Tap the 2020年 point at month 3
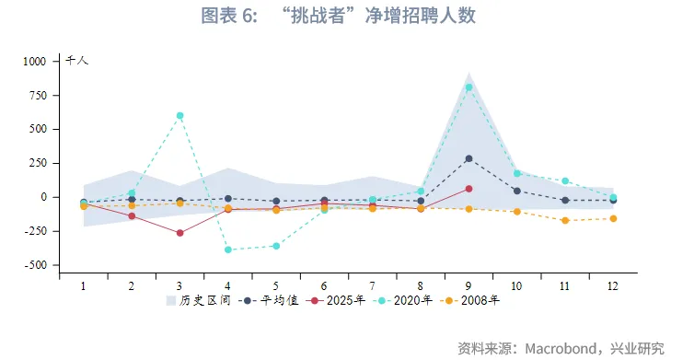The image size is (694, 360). [x=179, y=115]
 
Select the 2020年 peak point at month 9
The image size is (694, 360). [x=468, y=87]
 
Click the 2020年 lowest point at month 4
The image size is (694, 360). [x=227, y=250]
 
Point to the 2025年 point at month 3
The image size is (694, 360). [x=179, y=233]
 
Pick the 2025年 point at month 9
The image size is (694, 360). [x=468, y=189]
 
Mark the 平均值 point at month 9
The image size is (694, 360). [x=468, y=158]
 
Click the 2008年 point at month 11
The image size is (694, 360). [x=565, y=220]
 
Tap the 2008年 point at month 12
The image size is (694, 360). [x=613, y=218]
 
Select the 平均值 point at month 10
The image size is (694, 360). [x=516, y=191]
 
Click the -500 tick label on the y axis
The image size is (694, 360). [x=34, y=265]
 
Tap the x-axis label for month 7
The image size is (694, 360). [x=372, y=286]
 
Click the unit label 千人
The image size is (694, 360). [x=76, y=60]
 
